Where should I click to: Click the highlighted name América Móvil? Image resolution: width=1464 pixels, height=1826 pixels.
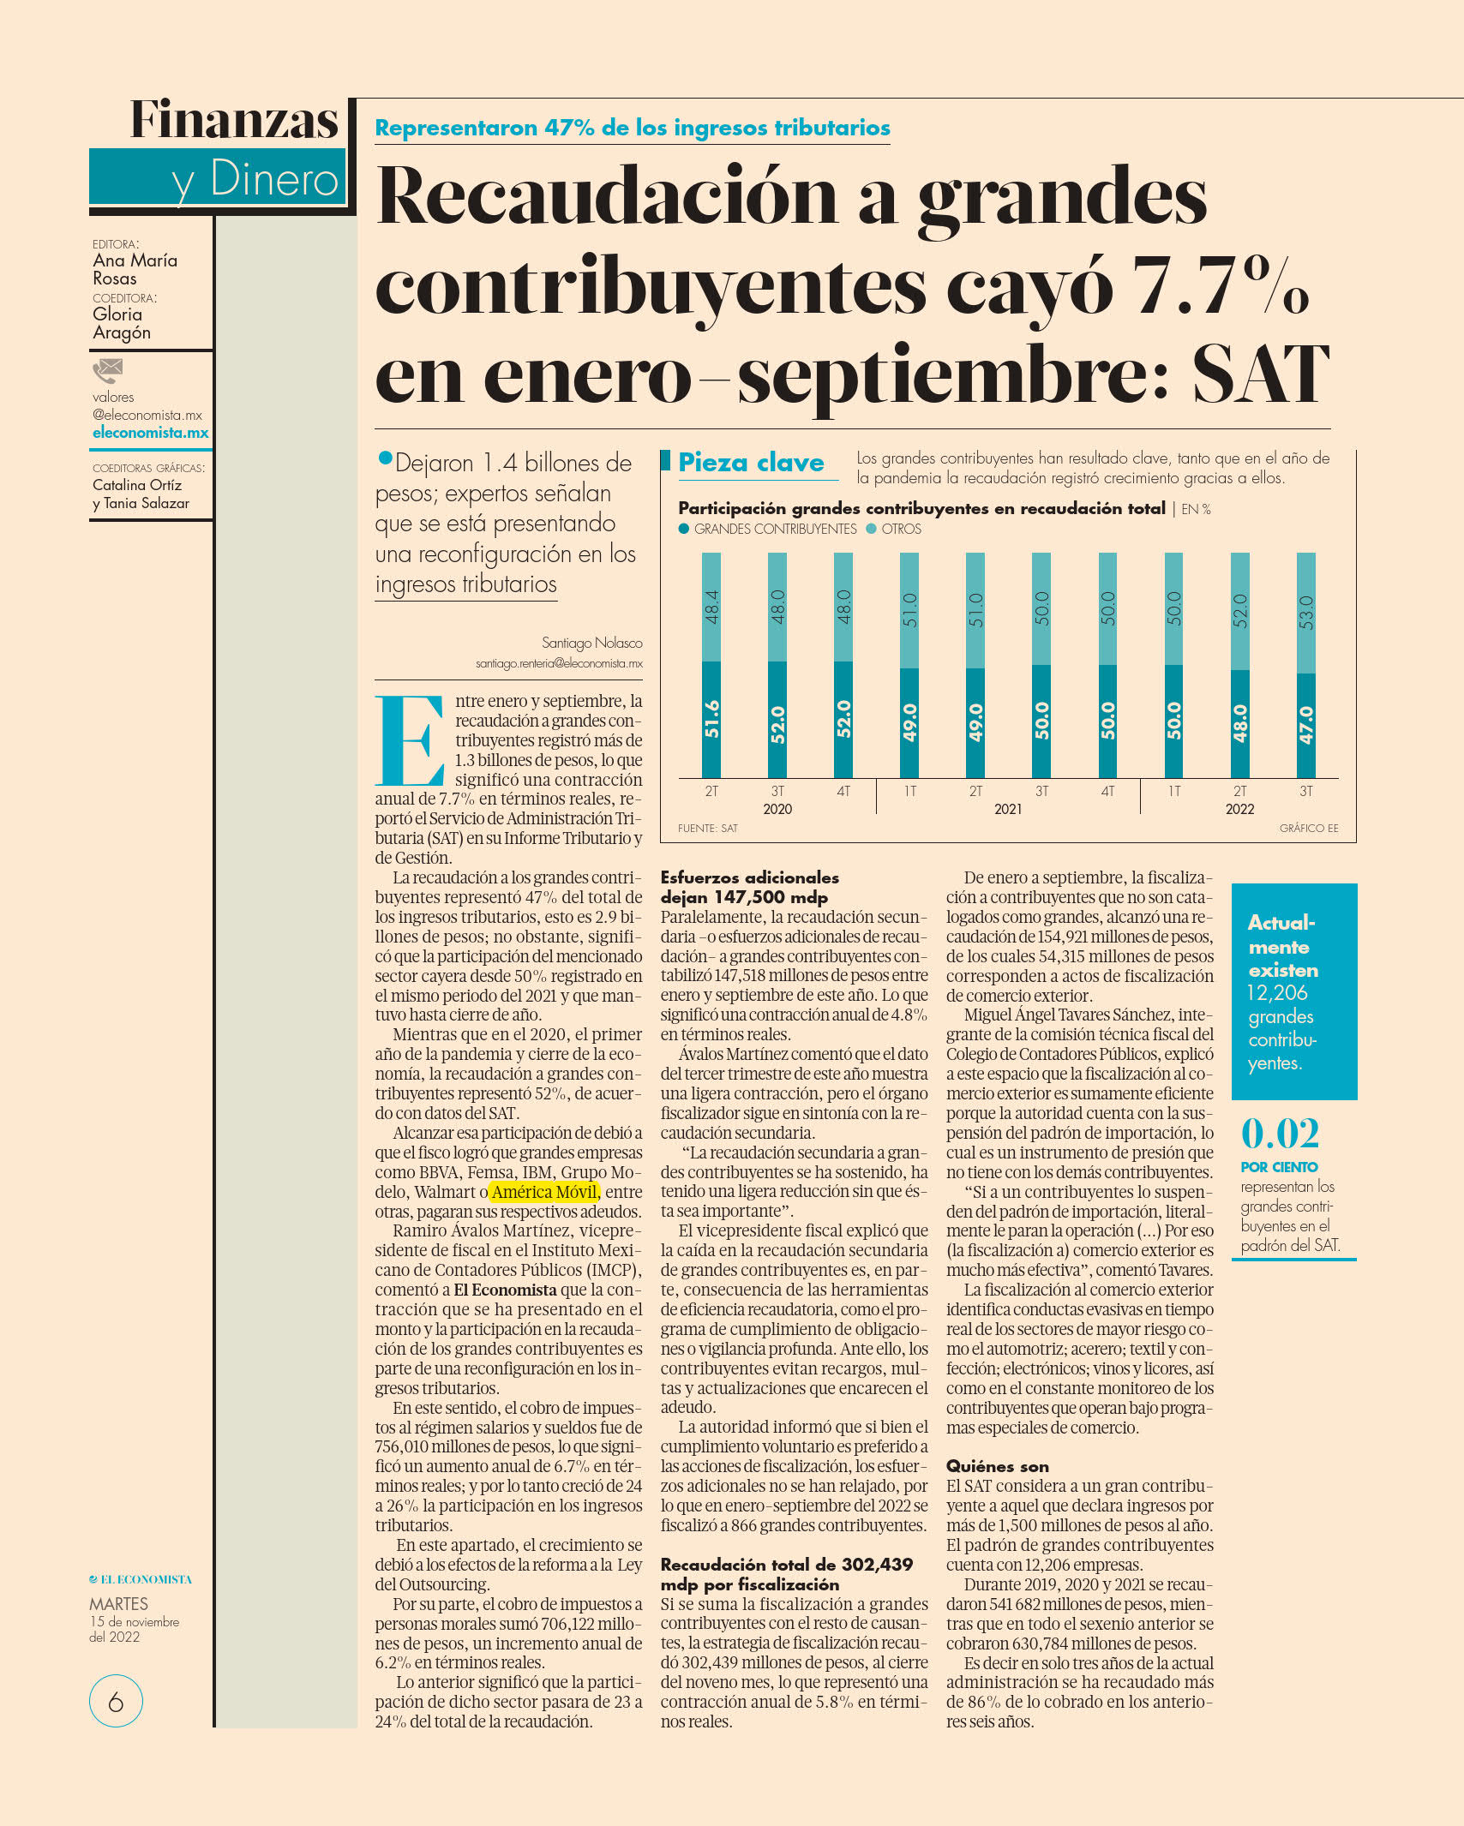pyautogui.click(x=544, y=1192)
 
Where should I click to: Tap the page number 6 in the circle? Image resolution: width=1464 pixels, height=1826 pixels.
pyautogui.click(x=116, y=1701)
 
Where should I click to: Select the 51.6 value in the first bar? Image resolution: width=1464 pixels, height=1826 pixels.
pyautogui.click(x=711, y=718)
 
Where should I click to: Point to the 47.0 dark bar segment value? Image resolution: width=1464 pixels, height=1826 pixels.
pyautogui.click(x=1305, y=724)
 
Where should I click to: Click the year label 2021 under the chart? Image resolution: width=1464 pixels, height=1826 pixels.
pyautogui.click(x=1008, y=809)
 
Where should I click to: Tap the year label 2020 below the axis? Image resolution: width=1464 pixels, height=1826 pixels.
pyautogui.click(x=777, y=809)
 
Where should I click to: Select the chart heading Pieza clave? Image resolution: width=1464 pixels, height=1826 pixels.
pyautogui.click(x=751, y=463)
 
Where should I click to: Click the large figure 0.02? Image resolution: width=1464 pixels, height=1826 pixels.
pyautogui.click(x=1280, y=1133)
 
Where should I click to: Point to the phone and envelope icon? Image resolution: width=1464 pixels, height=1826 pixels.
pyautogui.click(x=108, y=371)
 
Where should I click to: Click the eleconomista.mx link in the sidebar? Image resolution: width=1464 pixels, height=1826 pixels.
pyautogui.click(x=151, y=433)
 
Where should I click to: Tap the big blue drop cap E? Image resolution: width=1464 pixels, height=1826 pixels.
pyautogui.click(x=409, y=740)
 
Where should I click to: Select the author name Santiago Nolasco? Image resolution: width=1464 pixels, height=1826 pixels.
pyautogui.click(x=591, y=643)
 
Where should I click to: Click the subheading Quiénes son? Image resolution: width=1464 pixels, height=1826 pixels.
pyautogui.click(x=998, y=1466)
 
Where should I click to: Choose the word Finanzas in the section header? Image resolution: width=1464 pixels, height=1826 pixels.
pyautogui.click(x=234, y=119)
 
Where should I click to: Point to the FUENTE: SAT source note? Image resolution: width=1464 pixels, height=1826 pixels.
pyautogui.click(x=708, y=829)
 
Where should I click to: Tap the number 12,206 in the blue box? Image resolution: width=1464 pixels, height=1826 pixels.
pyautogui.click(x=1277, y=993)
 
